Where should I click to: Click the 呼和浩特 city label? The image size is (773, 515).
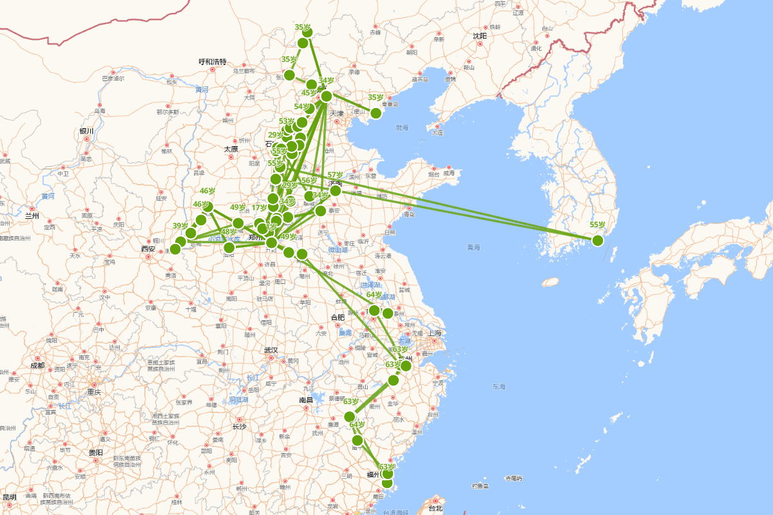(212, 62)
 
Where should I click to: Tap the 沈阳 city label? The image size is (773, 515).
(479, 36)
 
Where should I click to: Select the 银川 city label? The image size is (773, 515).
(87, 131)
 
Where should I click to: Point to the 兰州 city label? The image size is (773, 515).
(33, 216)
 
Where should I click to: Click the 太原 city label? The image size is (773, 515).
(231, 149)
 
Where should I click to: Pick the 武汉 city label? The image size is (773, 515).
(271, 350)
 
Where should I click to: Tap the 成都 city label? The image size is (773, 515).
(37, 366)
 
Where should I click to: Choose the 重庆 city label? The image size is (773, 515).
(95, 392)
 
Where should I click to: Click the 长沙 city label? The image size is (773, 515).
(239, 426)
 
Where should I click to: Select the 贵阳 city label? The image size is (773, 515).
(95, 453)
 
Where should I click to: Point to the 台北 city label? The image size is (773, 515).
(435, 509)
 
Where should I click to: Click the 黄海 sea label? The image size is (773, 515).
(474, 247)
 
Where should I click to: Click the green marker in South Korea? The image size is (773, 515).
(597, 240)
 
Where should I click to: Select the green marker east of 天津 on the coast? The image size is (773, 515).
(376, 113)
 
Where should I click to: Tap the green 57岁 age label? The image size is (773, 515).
(336, 175)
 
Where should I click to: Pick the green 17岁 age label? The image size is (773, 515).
(259, 207)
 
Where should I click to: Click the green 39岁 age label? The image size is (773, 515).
(180, 226)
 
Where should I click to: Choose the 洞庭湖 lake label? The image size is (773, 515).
(238, 400)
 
